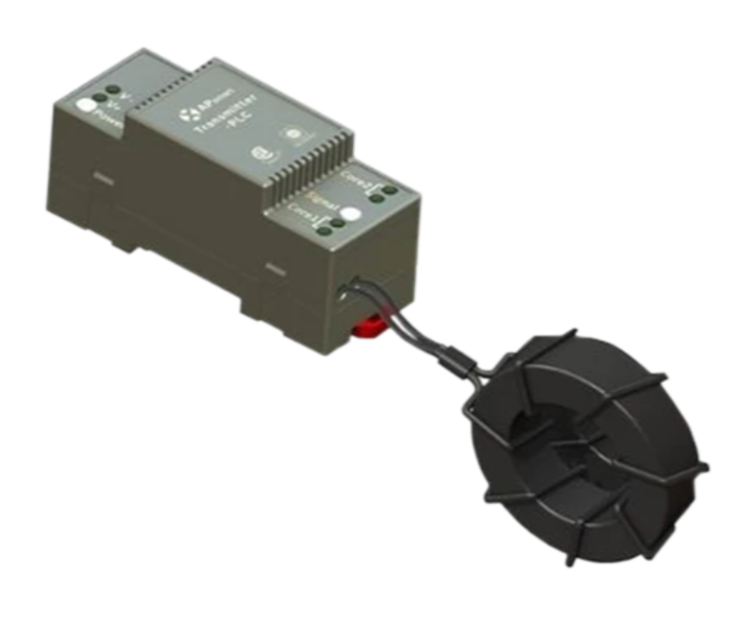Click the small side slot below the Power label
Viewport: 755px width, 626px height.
click(103, 179)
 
